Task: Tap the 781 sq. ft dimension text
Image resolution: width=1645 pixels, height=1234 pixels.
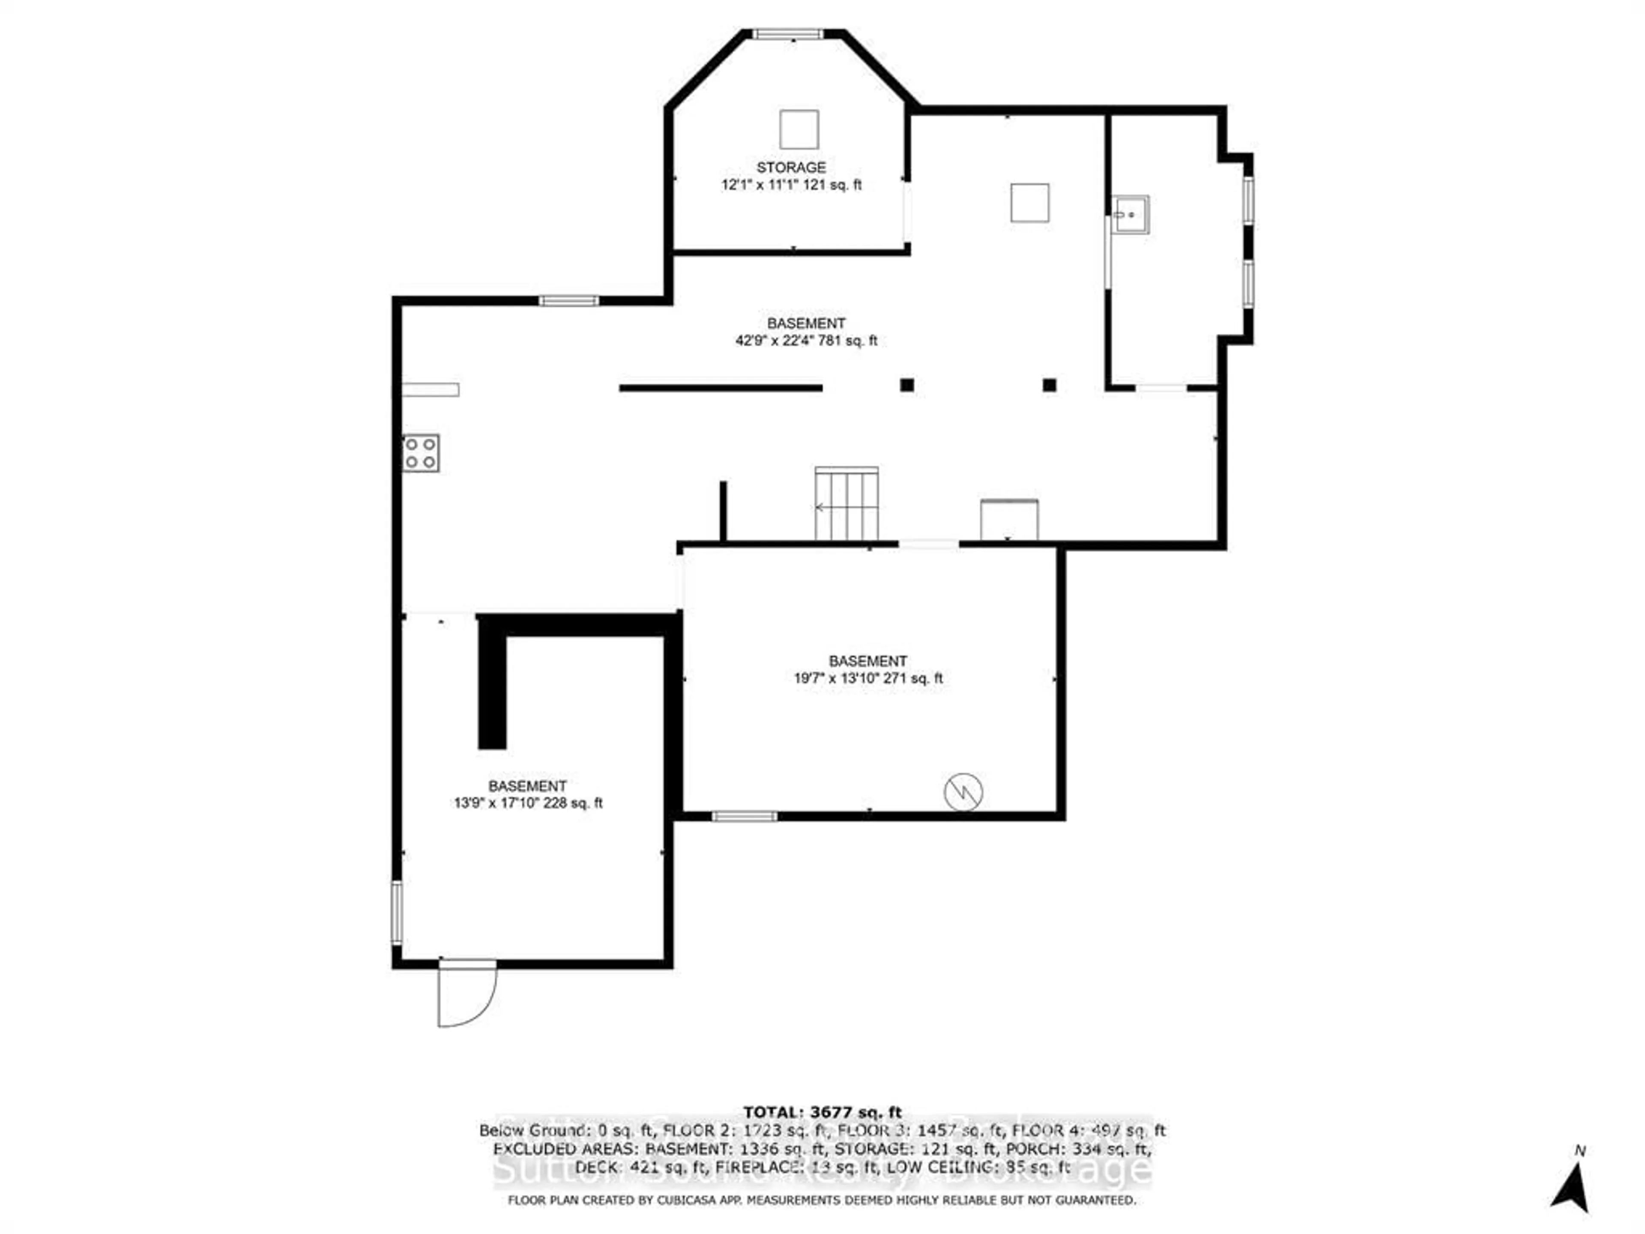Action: pyautogui.click(x=806, y=341)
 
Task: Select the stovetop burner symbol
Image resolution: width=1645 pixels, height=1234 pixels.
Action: pyautogui.click(x=421, y=453)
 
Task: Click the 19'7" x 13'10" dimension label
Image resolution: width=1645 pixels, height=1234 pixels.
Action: pyautogui.click(x=868, y=678)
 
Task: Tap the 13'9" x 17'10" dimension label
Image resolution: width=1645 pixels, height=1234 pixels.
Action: pyautogui.click(x=528, y=803)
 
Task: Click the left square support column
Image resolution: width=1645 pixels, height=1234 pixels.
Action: pyautogui.click(x=906, y=385)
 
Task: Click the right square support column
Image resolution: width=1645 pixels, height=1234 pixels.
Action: pyautogui.click(x=1049, y=385)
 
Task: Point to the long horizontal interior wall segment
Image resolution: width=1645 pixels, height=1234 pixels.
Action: pyautogui.click(x=720, y=387)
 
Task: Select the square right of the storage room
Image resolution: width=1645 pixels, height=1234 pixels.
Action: pyautogui.click(x=1029, y=203)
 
